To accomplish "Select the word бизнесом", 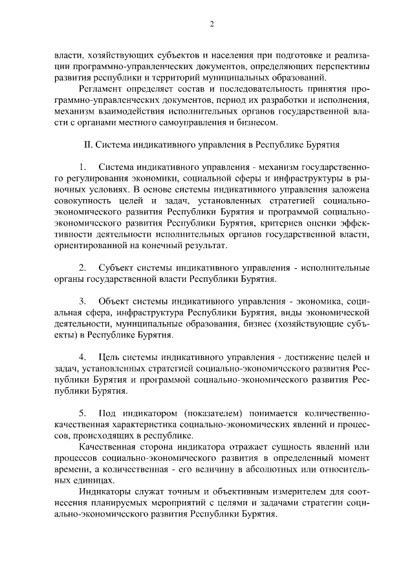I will (258, 122).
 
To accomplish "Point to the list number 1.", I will (82, 167).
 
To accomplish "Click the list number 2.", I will (82, 268).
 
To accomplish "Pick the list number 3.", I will (82, 301).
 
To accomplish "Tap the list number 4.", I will (82, 357).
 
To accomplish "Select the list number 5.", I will (82, 412).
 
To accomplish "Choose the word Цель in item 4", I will (109, 357).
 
